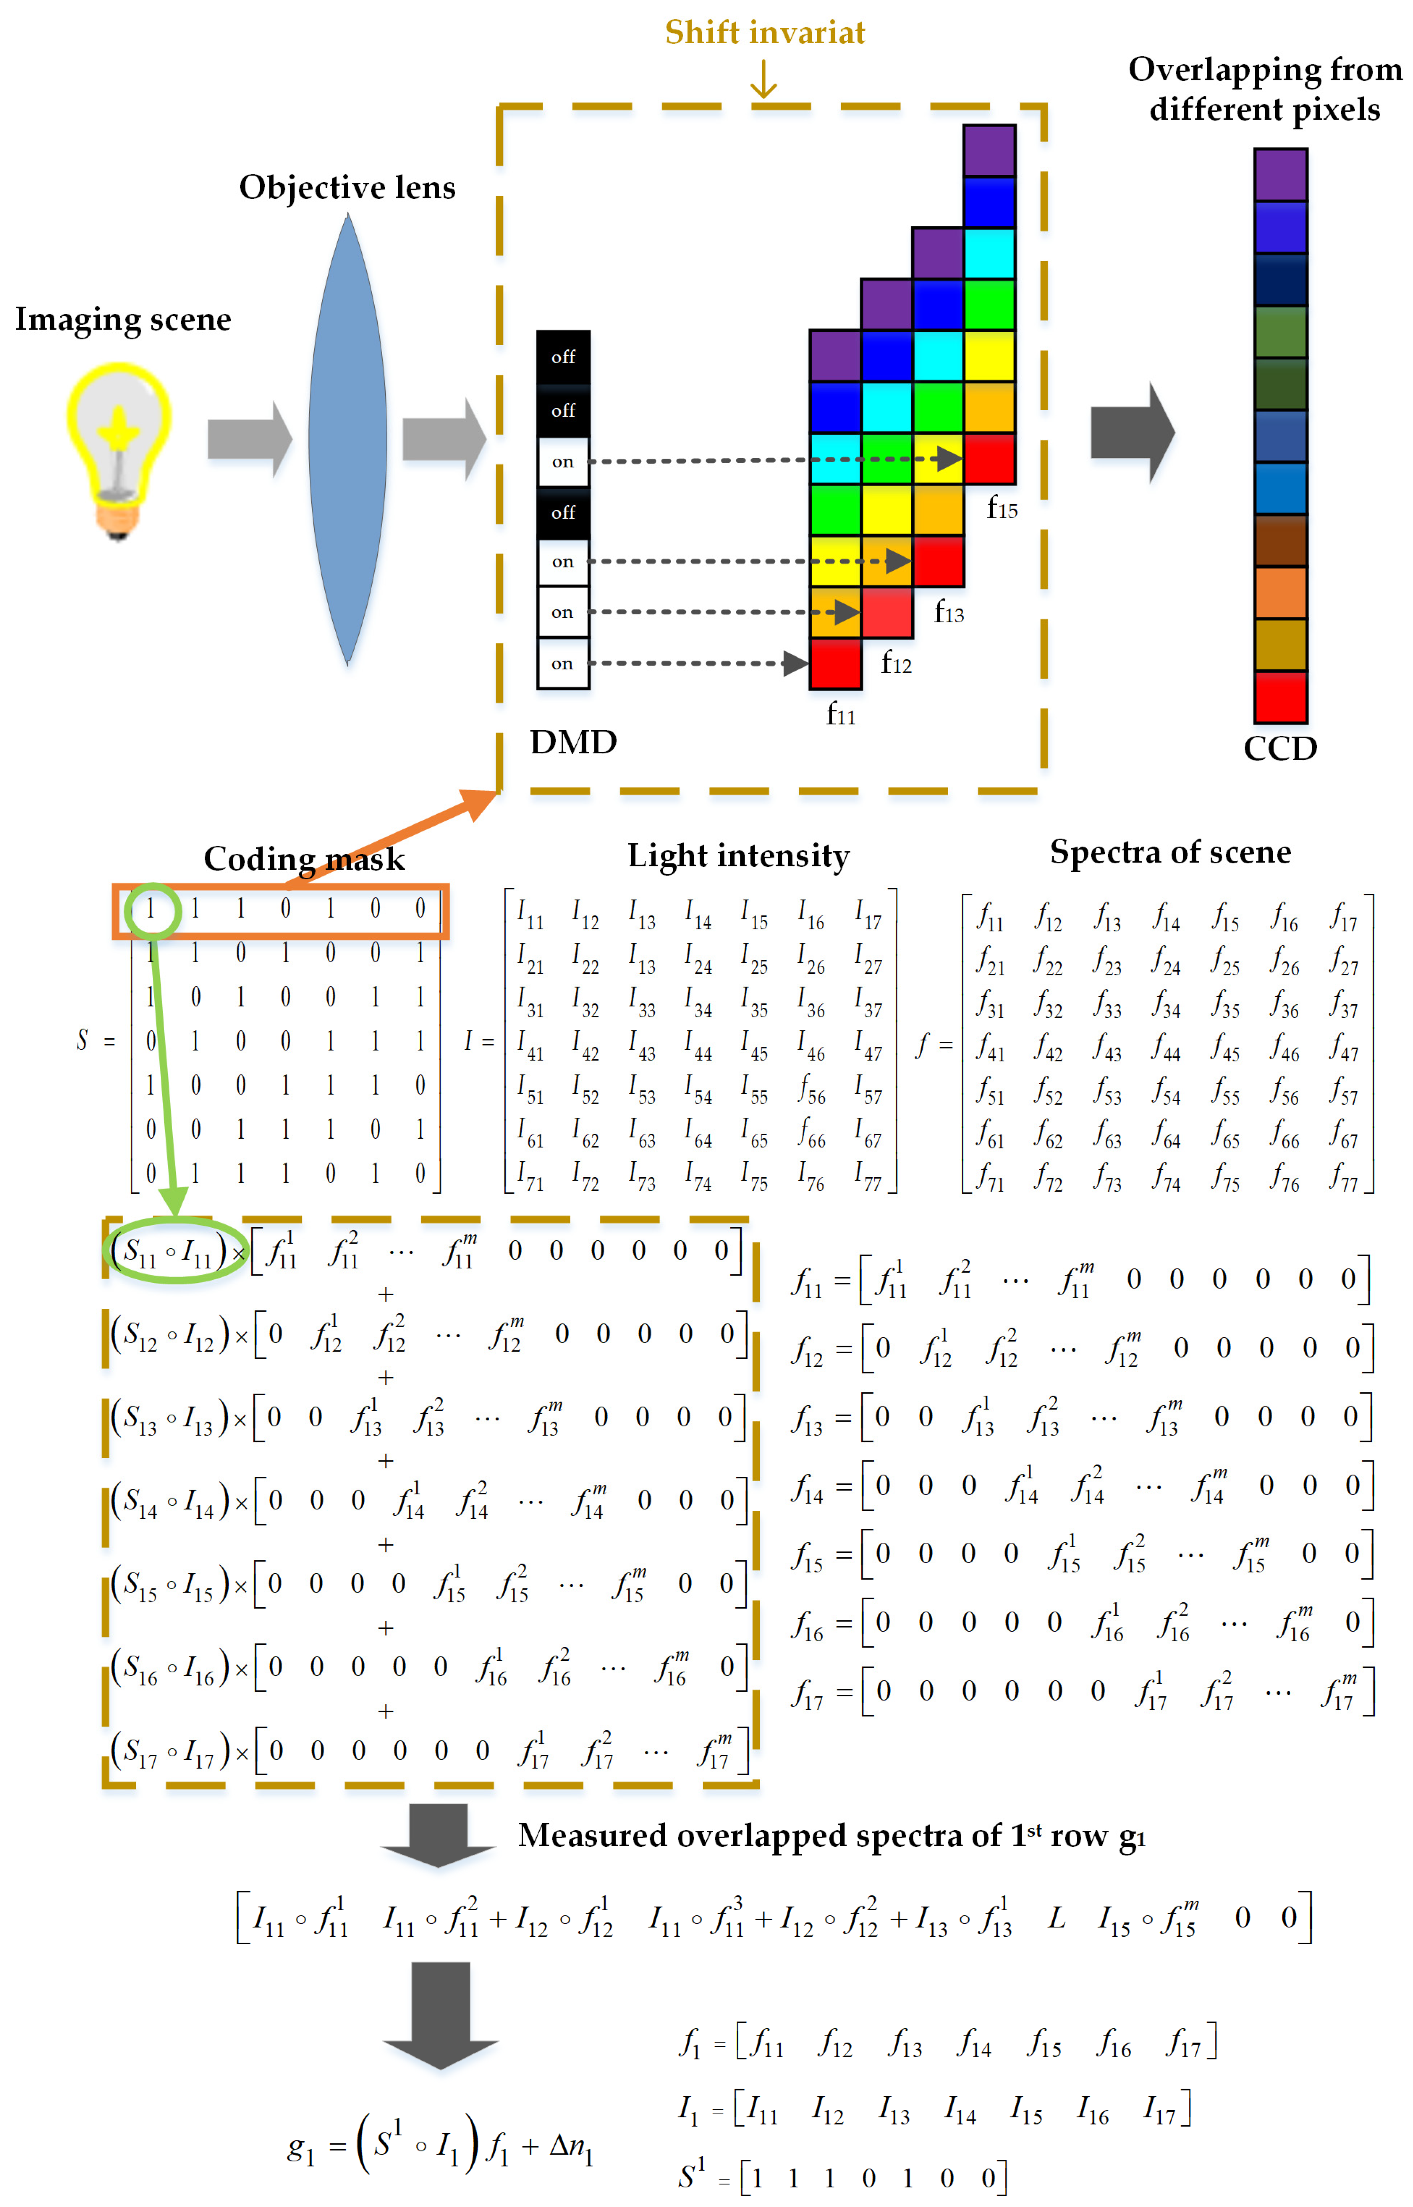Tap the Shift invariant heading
[x=764, y=33]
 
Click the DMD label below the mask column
[x=574, y=741]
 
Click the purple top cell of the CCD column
[x=1281, y=174]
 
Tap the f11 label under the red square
[x=841, y=714]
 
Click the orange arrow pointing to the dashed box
[x=395, y=837]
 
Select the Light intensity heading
[x=739, y=855]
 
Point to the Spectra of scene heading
[x=1170, y=852]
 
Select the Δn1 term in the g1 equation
[x=571, y=2147]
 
